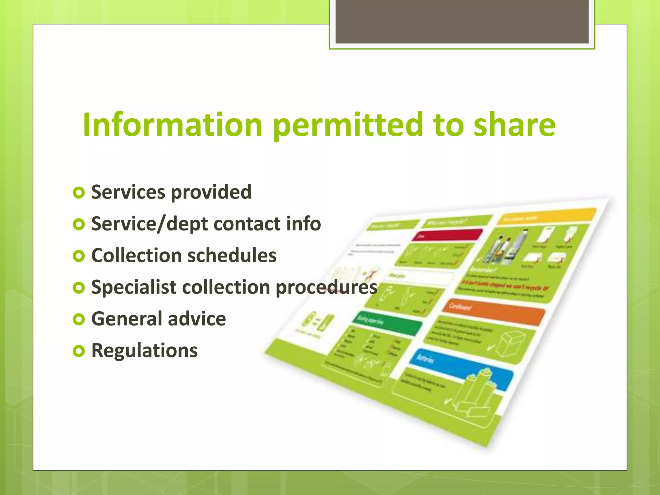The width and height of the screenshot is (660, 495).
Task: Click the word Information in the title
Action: pyautogui.click(x=172, y=124)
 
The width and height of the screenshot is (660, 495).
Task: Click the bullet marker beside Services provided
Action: pyautogui.click(x=79, y=193)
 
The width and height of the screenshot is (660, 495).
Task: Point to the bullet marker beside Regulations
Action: pyautogui.click(x=79, y=351)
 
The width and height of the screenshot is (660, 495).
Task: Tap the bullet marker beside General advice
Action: pyautogui.click(x=79, y=319)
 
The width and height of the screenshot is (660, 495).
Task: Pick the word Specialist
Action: pyautogui.click(x=133, y=287)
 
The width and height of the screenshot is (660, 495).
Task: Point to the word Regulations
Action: pyautogui.click(x=144, y=351)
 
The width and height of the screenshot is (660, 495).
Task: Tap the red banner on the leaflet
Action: pyautogui.click(x=447, y=235)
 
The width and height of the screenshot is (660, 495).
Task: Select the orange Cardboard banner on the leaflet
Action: pyautogui.click(x=493, y=312)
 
